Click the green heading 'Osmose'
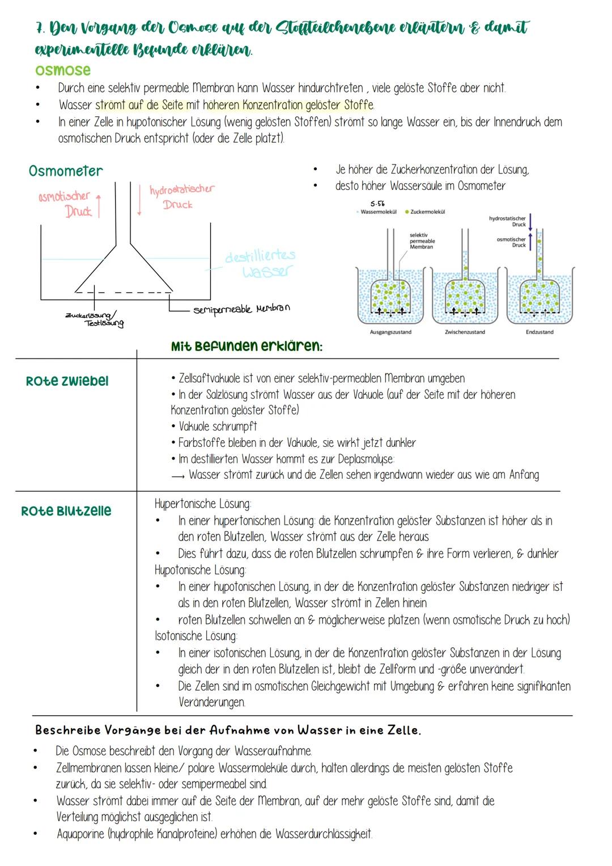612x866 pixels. click(62, 70)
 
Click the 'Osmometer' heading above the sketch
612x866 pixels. click(66, 171)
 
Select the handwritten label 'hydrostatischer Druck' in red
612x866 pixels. click(181, 196)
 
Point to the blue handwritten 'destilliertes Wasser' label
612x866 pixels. click(260, 264)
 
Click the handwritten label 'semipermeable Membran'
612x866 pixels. click(241, 309)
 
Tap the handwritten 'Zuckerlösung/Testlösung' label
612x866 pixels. click(95, 319)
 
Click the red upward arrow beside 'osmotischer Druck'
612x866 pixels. click(99, 205)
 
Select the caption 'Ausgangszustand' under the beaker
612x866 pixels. click(390, 332)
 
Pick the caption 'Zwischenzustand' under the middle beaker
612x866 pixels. click(465, 332)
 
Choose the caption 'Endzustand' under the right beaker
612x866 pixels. click(539, 332)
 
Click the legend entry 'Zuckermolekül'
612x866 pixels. click(427, 212)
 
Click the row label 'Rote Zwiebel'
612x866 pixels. click(67, 381)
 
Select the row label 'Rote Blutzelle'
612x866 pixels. click(66, 511)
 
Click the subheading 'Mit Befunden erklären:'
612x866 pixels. click(246, 346)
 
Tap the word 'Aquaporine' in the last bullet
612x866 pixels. click(80, 834)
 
